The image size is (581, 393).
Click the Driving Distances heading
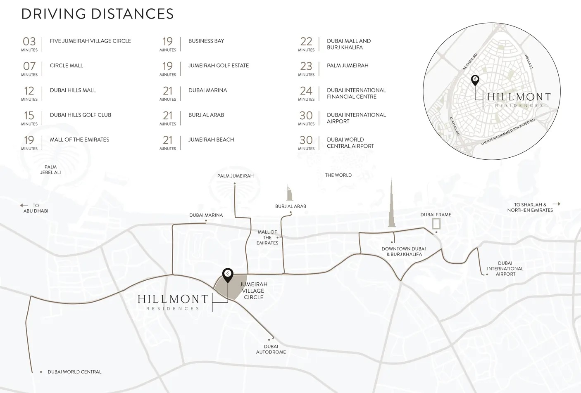(x=98, y=14)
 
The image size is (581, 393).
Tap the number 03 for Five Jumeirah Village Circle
(x=29, y=41)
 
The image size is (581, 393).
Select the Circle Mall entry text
(x=66, y=66)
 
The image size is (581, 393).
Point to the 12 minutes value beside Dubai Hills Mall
(x=29, y=91)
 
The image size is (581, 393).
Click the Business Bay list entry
(x=206, y=41)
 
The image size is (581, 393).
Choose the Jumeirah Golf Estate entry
(x=218, y=66)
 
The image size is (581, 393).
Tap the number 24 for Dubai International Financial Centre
(x=306, y=91)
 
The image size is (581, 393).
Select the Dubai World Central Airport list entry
(x=350, y=143)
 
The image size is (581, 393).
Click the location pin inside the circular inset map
(x=475, y=80)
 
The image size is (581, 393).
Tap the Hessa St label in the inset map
(x=529, y=62)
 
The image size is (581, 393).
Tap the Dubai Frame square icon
(x=436, y=224)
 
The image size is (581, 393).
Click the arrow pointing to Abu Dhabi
(x=24, y=205)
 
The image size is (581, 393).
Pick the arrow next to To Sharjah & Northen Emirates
(x=556, y=204)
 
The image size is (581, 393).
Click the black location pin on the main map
(x=228, y=274)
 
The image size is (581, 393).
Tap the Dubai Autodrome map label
(x=271, y=349)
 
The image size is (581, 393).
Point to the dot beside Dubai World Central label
(x=41, y=372)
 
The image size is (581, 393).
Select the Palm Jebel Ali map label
(x=50, y=170)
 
